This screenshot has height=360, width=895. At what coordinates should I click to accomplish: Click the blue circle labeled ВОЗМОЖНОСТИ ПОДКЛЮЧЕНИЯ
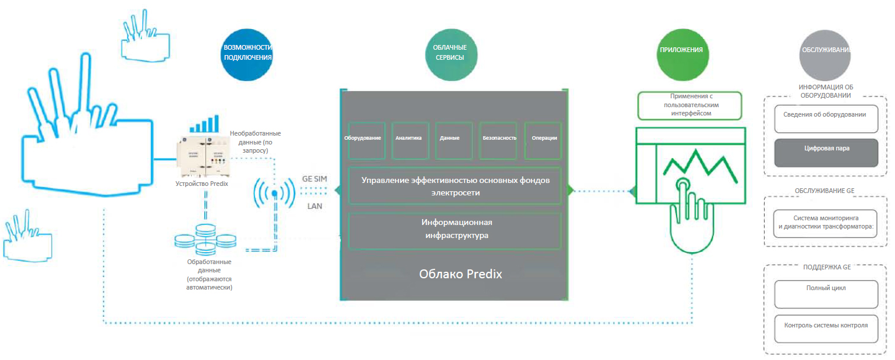(x=248, y=53)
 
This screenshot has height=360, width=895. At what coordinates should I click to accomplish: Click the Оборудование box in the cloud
(x=367, y=140)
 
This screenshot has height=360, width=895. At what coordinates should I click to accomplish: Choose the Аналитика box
(x=410, y=140)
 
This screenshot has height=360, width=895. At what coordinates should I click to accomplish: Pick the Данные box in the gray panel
(x=454, y=140)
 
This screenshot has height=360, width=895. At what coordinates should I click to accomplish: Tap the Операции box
(x=542, y=140)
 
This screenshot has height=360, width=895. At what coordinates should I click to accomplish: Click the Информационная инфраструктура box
(x=455, y=230)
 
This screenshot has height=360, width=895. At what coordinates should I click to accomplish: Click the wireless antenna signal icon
(x=274, y=193)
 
